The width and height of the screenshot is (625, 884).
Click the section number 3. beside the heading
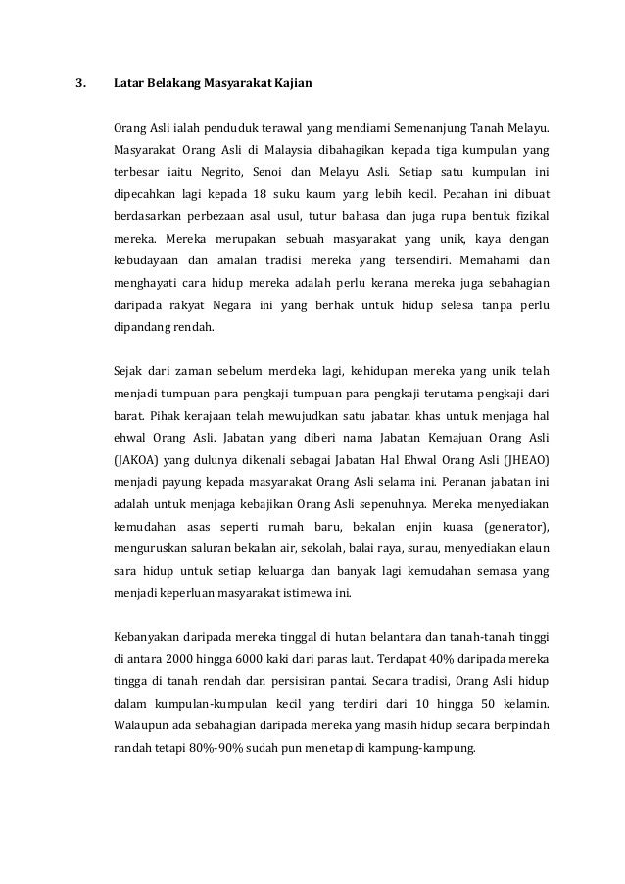pos(81,84)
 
